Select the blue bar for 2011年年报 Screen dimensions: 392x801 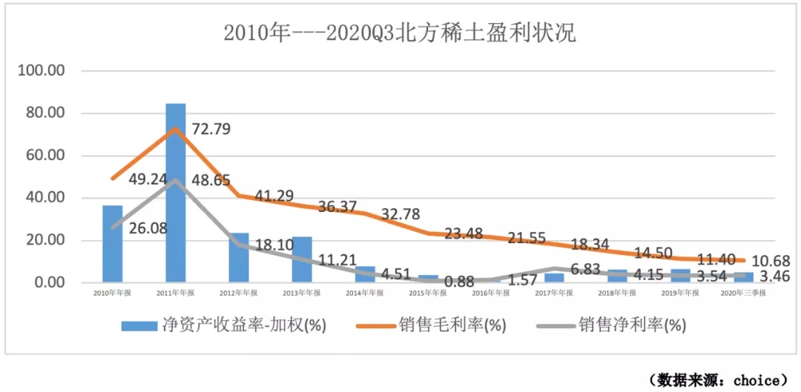coord(176,193)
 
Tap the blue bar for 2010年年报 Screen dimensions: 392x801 coord(113,244)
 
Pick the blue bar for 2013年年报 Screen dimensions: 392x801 coord(302,259)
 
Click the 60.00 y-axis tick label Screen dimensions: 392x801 coord(47,156)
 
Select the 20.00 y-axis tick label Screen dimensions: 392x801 coord(47,241)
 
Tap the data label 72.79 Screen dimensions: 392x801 coord(211,129)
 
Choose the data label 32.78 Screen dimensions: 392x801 coord(400,215)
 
